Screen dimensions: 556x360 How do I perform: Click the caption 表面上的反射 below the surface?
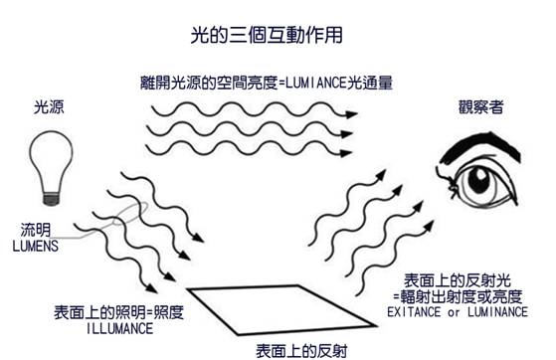[x=300, y=350]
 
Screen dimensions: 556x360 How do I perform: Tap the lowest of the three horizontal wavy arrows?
[x=249, y=152]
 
